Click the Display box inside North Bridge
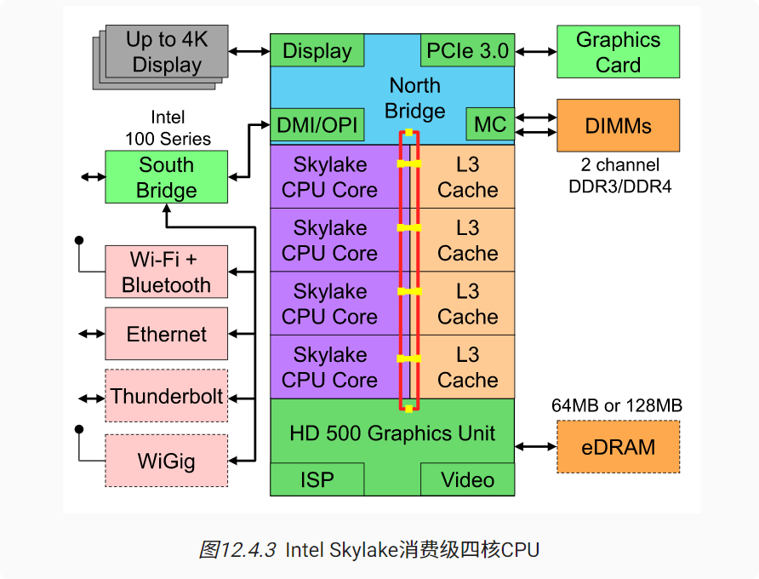coord(317,50)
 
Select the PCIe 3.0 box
coord(468,50)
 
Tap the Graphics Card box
coord(618,52)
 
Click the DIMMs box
coord(618,125)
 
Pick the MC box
coord(490,124)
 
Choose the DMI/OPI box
coord(317,124)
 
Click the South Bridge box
coord(167,177)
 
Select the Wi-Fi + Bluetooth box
coord(167,272)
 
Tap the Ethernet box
coord(167,334)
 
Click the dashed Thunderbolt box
coord(167,396)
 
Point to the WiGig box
coord(167,461)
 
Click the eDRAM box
coord(618,447)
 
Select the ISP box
coord(317,479)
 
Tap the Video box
coord(468,479)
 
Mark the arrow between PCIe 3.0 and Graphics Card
coord(536,51)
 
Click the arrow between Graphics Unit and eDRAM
coord(536,447)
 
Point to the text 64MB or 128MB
coord(617,405)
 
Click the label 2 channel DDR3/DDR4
coord(620,175)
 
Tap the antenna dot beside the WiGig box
coord(79,429)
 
